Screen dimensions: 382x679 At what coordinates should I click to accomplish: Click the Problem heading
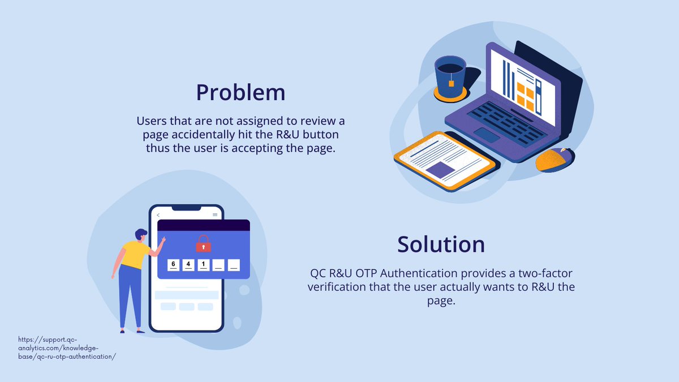click(240, 93)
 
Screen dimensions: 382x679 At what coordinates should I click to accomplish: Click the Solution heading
click(441, 244)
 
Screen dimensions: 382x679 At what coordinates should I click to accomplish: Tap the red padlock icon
click(203, 244)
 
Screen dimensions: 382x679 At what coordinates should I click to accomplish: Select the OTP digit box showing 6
click(173, 264)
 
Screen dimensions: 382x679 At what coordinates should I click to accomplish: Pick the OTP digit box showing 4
click(188, 264)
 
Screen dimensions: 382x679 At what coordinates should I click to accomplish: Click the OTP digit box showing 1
click(204, 264)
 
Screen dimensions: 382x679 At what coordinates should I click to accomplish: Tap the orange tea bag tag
click(452, 84)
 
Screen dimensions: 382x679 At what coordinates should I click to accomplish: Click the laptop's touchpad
click(486, 135)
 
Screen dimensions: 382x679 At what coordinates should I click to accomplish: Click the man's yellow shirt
click(135, 255)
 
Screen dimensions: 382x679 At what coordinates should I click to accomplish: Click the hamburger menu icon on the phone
click(215, 215)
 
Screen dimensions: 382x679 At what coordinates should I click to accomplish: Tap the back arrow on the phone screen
click(158, 215)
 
